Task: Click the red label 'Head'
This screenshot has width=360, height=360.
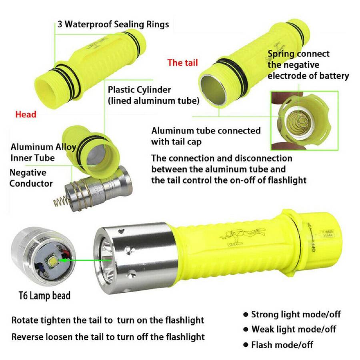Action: [x=26, y=114]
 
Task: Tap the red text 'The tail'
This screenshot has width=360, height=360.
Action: [x=182, y=63]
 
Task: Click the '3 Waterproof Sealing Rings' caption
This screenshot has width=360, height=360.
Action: [x=113, y=24]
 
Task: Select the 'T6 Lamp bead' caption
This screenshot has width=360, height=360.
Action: [x=44, y=296]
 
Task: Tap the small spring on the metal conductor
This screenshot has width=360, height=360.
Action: [x=60, y=201]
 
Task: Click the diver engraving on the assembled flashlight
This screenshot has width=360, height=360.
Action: [x=242, y=237]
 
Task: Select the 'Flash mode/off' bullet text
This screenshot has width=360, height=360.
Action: [x=282, y=345]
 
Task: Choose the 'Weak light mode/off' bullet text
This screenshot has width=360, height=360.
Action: [x=294, y=329]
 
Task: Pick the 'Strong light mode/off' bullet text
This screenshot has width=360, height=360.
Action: [x=296, y=314]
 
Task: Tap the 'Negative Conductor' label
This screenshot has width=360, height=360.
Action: [x=31, y=178]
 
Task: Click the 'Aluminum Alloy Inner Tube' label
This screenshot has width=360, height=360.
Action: [x=43, y=152]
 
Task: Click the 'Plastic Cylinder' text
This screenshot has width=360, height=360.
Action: [x=139, y=90]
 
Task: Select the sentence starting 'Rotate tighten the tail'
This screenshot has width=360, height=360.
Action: [x=108, y=320]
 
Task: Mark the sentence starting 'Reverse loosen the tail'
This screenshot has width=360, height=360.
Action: [x=108, y=337]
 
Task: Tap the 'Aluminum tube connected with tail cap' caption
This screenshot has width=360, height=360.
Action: [x=206, y=136]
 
